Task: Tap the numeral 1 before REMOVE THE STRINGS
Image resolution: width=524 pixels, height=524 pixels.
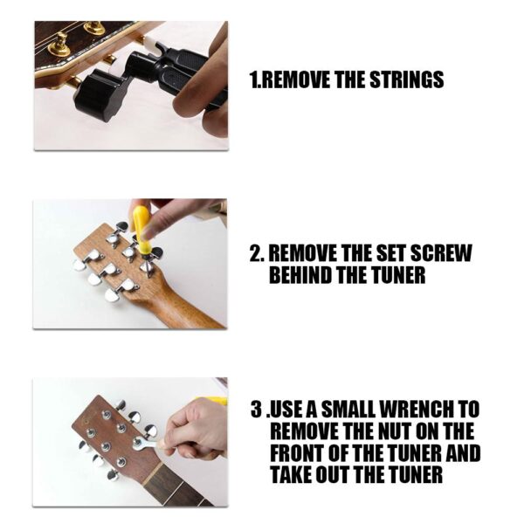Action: pos(253,80)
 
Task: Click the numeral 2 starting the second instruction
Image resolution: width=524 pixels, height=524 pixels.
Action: pos(256,254)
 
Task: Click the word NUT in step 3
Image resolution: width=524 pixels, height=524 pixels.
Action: pos(402,431)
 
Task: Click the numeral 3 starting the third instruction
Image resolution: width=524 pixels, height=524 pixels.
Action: pos(256,409)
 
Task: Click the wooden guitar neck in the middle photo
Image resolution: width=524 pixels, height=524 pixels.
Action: pos(179,306)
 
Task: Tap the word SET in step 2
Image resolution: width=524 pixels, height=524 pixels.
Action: pos(383,254)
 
